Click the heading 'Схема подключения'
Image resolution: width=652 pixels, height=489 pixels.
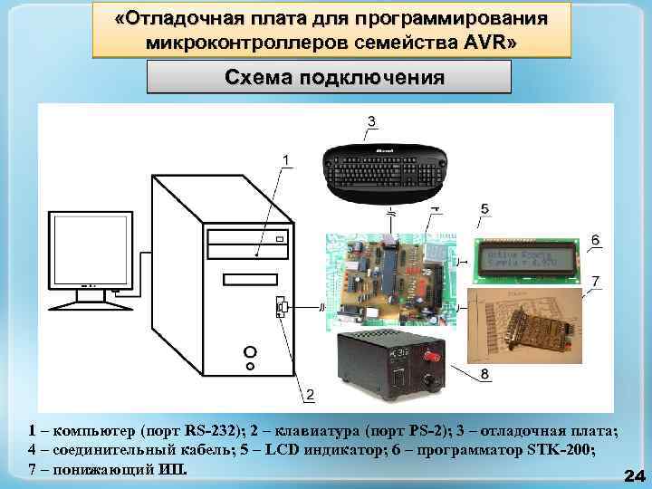click(x=329, y=77)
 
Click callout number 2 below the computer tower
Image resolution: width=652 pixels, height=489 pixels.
click(x=310, y=395)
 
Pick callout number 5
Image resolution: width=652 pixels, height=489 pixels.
click(x=485, y=209)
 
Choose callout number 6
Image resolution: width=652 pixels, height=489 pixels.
click(x=595, y=238)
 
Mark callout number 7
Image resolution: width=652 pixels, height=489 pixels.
click(x=595, y=282)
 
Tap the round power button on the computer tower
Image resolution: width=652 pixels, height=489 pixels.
click(x=250, y=351)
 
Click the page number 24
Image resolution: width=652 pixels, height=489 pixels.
click(x=634, y=475)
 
